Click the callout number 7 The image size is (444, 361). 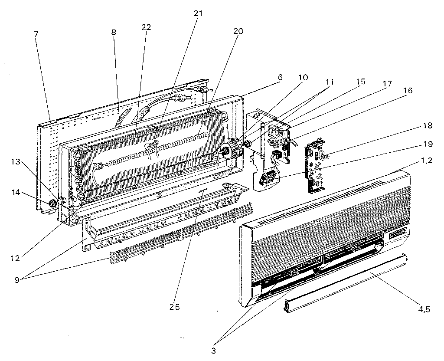[36, 33]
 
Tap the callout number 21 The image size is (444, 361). [198, 13]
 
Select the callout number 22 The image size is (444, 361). [146, 27]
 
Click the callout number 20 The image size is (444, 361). [238, 31]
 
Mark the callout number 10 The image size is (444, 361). [303, 78]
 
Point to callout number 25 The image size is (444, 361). [175, 307]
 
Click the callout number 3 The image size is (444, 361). [213, 350]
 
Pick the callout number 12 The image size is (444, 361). [16, 259]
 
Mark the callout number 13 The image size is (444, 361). [16, 162]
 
